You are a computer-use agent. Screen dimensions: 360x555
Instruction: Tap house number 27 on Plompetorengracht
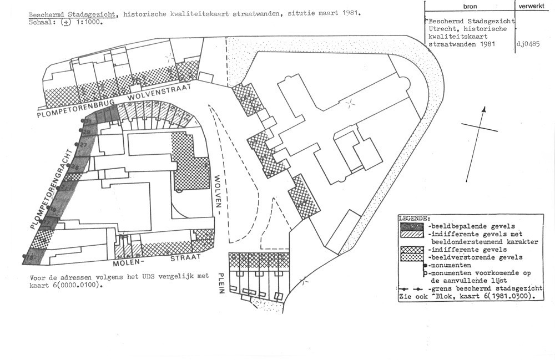82,145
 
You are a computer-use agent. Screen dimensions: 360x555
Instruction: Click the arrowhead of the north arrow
484,110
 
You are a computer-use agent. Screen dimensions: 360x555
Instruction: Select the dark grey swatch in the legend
412,226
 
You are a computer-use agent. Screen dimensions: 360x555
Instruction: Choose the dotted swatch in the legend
412,257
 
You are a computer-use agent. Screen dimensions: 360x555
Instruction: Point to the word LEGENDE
413,219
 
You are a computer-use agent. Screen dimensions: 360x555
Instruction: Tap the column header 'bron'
469,6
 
